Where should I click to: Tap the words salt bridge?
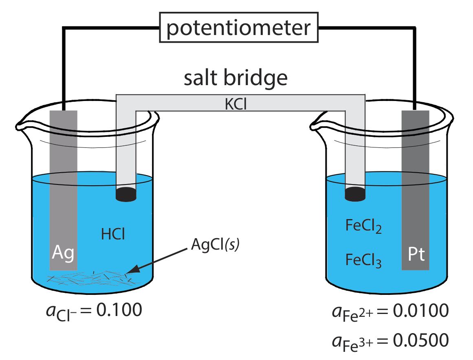click(235, 78)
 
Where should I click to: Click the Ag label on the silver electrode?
click(63, 253)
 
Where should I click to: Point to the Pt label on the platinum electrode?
click(416, 255)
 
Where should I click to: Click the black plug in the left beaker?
click(126, 194)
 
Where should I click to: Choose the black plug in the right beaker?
click(355, 193)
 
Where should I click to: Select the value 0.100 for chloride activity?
click(120, 310)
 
